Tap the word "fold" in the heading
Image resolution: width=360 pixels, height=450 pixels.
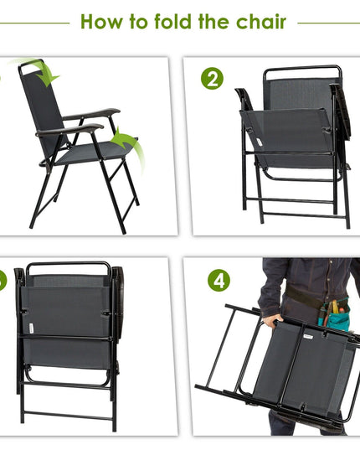172,21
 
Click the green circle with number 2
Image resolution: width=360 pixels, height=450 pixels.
212,78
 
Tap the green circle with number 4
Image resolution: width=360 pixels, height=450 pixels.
219,281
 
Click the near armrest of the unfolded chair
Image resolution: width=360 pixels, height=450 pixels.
69,130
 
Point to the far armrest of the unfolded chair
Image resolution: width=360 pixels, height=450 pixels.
91,114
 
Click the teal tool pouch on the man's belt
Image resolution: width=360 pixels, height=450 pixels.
335,315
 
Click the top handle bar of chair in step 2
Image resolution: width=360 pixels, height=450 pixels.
303,69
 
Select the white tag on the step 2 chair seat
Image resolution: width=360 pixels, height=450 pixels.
260,142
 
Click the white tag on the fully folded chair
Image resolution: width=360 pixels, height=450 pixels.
31,328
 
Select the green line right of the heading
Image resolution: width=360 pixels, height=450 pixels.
329,23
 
